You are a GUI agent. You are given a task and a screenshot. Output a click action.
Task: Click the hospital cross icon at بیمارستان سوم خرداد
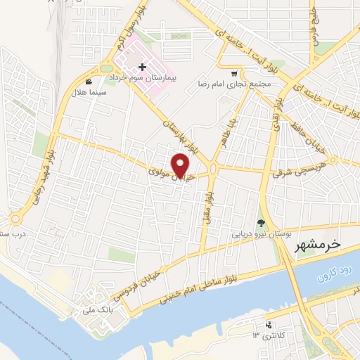click(143, 67)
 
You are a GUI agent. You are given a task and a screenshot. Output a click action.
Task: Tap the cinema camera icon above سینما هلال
click(89, 81)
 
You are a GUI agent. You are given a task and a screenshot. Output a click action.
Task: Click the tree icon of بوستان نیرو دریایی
click(262, 221)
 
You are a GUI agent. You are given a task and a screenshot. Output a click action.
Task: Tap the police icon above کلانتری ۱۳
click(268, 324)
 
